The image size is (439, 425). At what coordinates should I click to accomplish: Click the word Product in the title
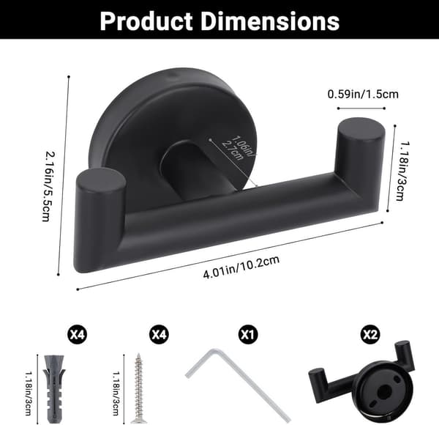pos(146,21)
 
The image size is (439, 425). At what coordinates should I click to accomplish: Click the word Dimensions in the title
pos(270,21)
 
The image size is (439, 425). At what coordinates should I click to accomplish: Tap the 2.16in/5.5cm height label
pos(48,186)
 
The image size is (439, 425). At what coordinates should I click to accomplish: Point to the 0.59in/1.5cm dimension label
pos(363,95)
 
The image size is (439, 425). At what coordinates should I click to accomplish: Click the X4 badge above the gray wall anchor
pos(78,334)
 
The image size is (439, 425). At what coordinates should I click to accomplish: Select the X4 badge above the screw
pos(159,334)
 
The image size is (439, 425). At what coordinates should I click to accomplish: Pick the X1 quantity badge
pos(248,334)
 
